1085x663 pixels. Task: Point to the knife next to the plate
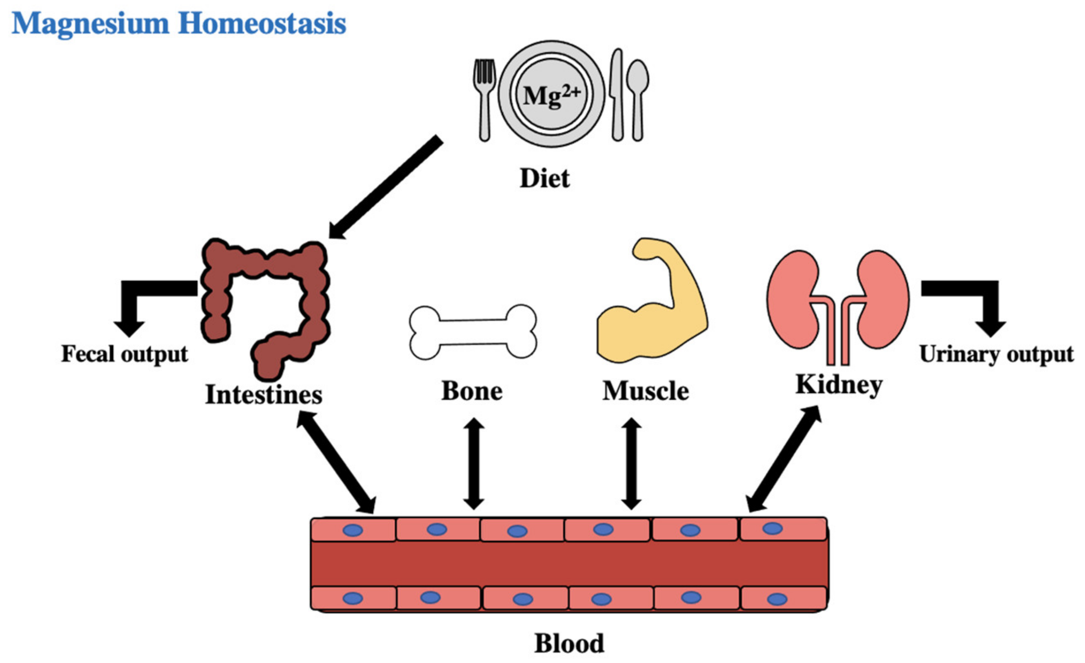click(617, 95)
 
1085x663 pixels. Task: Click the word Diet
click(545, 178)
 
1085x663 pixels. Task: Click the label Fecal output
click(125, 354)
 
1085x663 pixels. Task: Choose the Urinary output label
click(996, 354)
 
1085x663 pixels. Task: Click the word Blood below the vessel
click(569, 644)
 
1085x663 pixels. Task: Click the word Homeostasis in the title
click(262, 23)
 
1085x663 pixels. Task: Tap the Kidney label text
click(839, 385)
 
